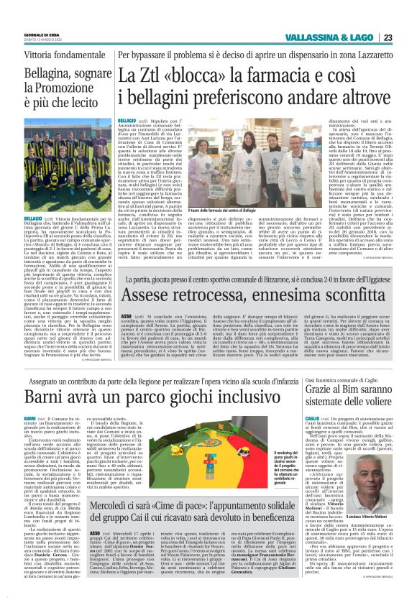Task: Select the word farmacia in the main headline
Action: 271,74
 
